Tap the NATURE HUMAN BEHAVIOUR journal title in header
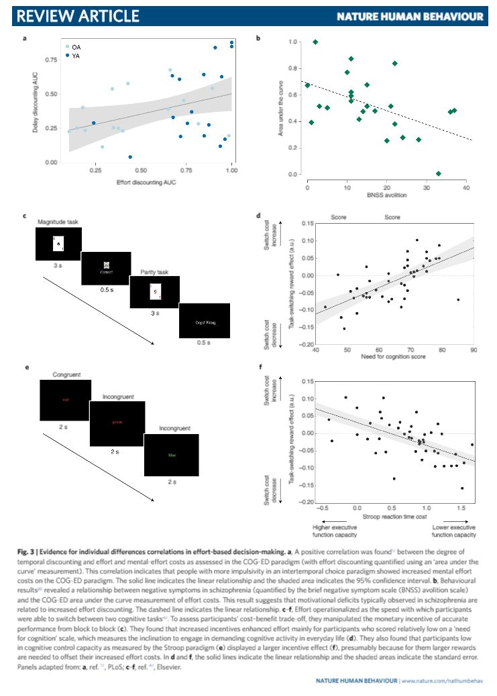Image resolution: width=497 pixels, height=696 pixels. [409, 15]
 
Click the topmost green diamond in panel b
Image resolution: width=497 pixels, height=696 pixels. [315, 42]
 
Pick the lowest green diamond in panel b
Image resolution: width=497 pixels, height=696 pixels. [438, 173]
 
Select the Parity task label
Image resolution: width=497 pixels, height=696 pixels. [155, 272]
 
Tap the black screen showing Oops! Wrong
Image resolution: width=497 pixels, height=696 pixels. [205, 322]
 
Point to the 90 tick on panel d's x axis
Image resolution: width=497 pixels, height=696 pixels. [473, 350]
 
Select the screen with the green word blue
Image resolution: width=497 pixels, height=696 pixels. [172, 456]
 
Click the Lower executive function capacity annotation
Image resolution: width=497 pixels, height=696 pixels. [449, 531]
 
